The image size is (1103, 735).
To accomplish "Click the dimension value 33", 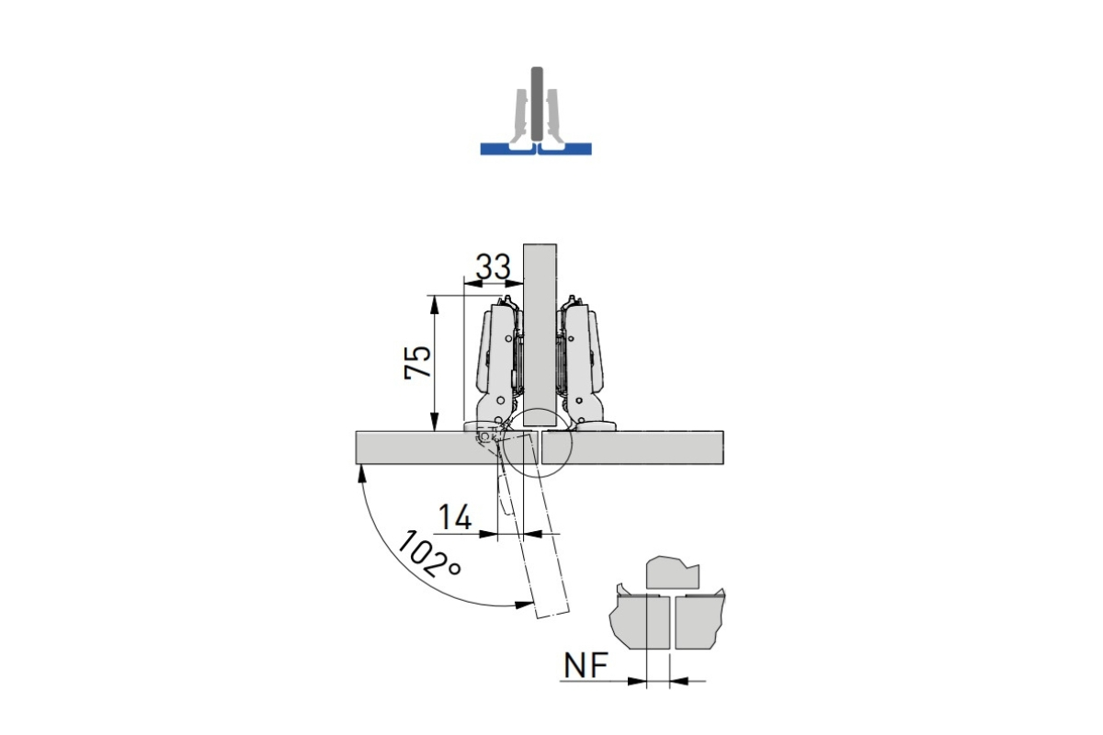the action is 493,267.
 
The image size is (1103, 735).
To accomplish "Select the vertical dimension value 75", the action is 417,362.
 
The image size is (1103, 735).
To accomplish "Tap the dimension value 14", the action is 455,517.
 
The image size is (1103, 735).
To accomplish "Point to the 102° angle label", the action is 428,554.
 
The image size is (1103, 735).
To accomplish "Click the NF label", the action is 586,665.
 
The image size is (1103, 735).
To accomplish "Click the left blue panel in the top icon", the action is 506,149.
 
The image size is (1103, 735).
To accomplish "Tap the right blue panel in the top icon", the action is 565,149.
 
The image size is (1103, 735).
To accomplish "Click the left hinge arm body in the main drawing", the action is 498,365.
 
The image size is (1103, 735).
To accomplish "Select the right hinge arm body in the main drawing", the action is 582,365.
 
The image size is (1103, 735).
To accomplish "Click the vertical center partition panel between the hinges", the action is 540,334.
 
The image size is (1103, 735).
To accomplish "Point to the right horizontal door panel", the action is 632,447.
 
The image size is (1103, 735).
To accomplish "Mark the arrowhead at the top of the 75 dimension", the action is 434,304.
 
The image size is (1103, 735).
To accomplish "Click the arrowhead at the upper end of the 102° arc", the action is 362,473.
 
